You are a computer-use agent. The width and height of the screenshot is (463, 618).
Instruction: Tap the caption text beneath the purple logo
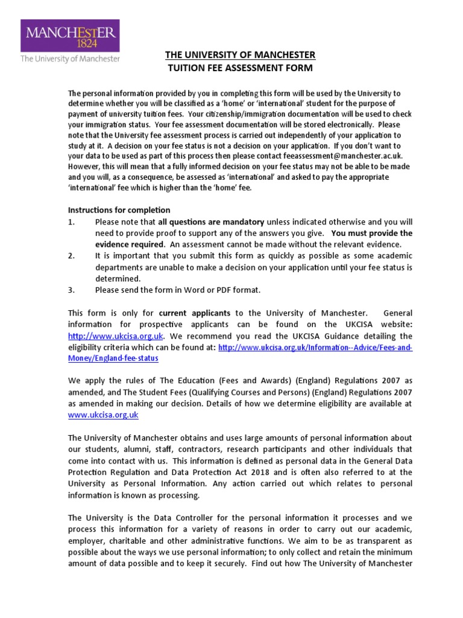tap(70, 59)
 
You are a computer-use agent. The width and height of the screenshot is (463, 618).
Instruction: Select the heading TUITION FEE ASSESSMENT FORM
tap(240, 68)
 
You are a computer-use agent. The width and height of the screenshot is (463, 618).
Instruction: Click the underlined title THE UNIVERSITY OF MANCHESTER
tap(240, 56)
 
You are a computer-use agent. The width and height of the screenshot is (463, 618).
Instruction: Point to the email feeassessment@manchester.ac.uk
tap(353, 156)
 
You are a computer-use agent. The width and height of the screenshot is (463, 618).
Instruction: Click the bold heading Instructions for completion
tap(119, 210)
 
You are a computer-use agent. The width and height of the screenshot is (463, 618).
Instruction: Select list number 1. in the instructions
tap(72, 222)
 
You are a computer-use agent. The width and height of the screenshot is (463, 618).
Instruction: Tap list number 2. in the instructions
tap(72, 256)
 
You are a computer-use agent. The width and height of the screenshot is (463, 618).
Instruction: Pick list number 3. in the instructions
tap(72, 290)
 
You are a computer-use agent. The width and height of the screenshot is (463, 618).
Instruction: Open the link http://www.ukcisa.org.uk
tap(116, 336)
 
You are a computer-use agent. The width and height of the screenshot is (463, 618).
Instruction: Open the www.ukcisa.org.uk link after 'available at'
tap(103, 415)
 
